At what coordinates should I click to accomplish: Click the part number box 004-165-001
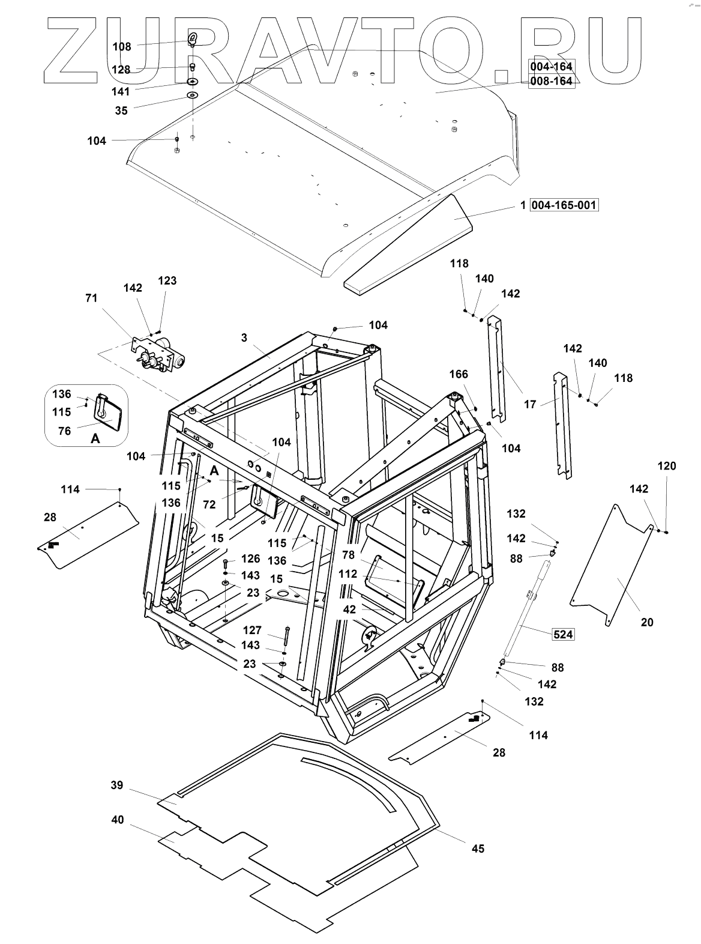click(x=564, y=205)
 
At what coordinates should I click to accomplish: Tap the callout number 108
click(x=122, y=47)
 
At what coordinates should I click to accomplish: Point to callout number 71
click(x=91, y=298)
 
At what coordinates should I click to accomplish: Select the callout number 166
click(x=459, y=374)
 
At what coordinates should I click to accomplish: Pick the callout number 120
click(x=667, y=466)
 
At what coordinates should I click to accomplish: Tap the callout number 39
click(x=117, y=785)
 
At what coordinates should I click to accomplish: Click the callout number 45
click(x=478, y=849)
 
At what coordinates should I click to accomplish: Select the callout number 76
click(x=64, y=431)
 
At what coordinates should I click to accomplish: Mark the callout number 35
click(x=121, y=110)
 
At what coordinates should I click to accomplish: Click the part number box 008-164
click(x=552, y=81)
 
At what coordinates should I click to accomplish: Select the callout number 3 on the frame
click(x=244, y=337)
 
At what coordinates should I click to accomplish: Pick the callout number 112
click(x=347, y=574)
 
